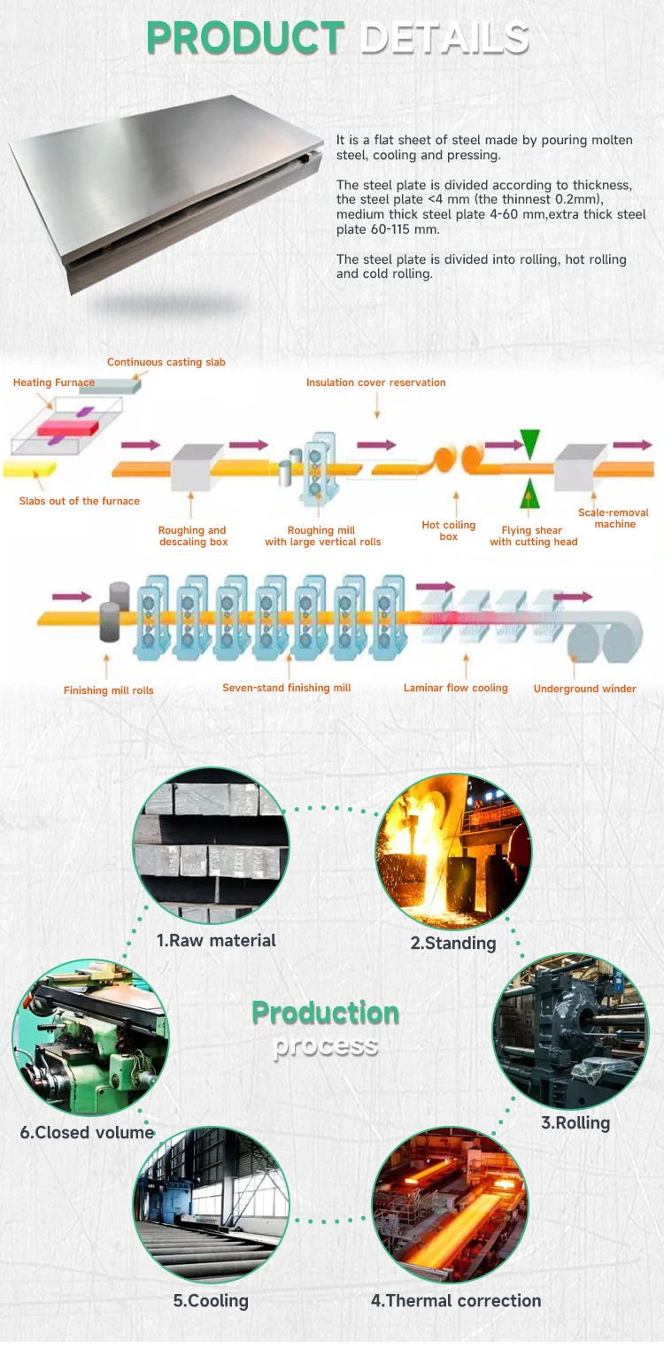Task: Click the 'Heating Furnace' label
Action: tap(54, 382)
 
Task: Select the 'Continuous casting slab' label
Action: tap(166, 362)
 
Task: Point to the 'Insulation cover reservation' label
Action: tap(376, 382)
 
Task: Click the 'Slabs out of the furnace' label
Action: tap(80, 501)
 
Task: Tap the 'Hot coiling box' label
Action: tap(449, 531)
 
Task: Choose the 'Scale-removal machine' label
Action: tap(614, 518)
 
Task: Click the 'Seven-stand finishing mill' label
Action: tap(287, 688)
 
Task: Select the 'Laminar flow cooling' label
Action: tap(456, 688)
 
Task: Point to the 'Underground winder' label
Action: tap(585, 689)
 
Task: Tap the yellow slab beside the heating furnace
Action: tap(29, 466)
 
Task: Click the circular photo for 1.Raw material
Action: tap(211, 845)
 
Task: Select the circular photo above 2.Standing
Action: tap(453, 851)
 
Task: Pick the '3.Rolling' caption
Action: tap(575, 1122)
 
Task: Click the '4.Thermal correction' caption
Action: tap(456, 1300)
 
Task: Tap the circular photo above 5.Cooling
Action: tap(211, 1205)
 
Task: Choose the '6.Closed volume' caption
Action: tap(87, 1132)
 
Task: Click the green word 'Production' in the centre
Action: tap(325, 1012)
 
